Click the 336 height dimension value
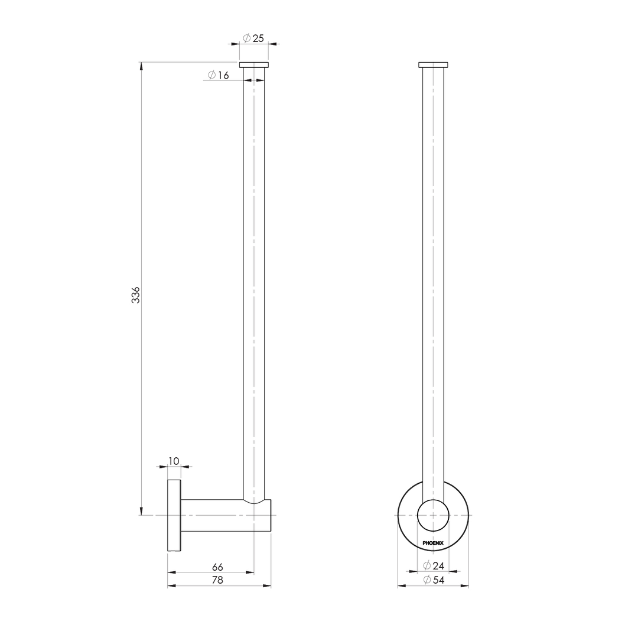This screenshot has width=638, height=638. coord(136,295)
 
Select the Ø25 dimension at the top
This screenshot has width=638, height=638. coord(253,38)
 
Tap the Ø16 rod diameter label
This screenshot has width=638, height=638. coord(218,75)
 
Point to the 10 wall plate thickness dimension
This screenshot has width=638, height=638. coord(174,461)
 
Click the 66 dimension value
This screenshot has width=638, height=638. coord(217,567)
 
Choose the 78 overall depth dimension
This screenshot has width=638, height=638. coord(217,580)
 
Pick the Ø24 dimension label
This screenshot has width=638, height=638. coord(434,566)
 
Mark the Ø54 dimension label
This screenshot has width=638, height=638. coord(434,580)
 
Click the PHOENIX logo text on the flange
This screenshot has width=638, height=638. coord(433,543)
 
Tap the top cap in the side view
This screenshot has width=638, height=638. coord(253,64)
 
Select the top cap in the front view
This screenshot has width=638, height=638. coord(433,64)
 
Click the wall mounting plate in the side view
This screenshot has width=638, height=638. coord(174,515)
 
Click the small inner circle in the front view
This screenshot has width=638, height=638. coord(433,515)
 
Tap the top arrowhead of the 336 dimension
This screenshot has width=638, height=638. coord(141,66)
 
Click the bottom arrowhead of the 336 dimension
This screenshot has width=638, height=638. coord(141,510)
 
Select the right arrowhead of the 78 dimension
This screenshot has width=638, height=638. coord(267,586)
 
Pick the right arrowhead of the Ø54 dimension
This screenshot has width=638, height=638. coord(464,586)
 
